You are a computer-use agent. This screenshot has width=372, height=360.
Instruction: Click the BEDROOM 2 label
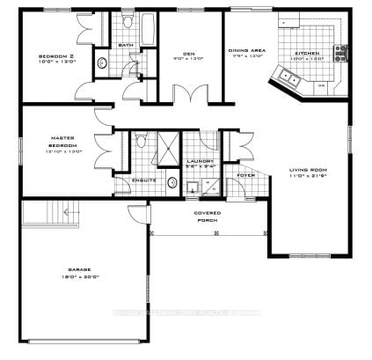pos(54,57)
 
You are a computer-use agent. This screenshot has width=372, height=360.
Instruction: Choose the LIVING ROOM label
pos(308,170)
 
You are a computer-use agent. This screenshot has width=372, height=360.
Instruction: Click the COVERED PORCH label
pos(208,216)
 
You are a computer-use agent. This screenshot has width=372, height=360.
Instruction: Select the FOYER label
pos(246,174)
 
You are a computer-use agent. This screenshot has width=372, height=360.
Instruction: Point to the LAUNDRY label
pos(197,161)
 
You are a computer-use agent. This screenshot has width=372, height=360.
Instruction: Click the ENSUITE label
pos(143,180)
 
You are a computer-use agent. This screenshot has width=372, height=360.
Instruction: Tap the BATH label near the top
pos(126,45)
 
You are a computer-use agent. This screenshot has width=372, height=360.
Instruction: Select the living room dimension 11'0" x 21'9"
pos(308,177)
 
